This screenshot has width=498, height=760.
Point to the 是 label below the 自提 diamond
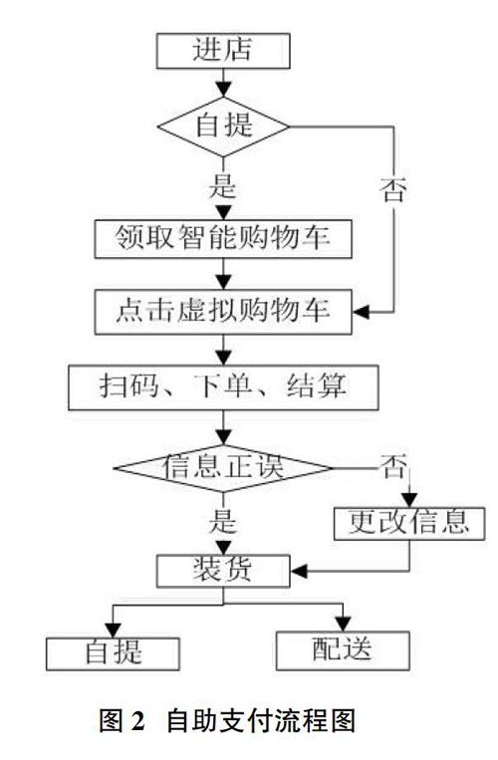click(223, 185)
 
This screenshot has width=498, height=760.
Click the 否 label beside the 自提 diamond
click(393, 189)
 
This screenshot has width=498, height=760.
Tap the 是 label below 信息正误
click(223, 522)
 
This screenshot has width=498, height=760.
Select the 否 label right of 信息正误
click(393, 466)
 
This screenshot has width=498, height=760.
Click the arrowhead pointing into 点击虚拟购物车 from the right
click(361, 312)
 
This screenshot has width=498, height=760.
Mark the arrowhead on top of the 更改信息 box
click(409, 499)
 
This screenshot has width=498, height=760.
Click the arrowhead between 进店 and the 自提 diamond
click(223, 90)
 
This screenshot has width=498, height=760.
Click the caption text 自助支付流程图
click(262, 722)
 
